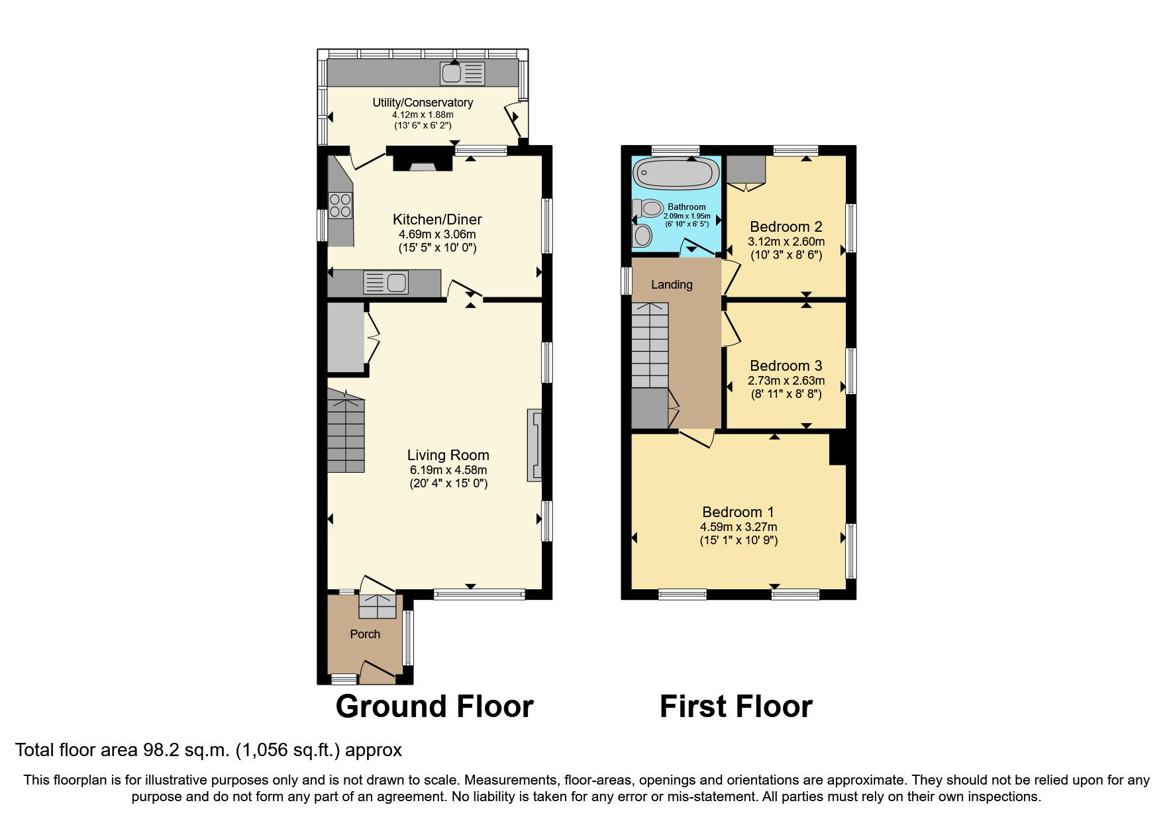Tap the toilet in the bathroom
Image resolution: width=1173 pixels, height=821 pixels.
tap(648, 209)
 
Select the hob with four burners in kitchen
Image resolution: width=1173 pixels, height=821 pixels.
tap(340, 205)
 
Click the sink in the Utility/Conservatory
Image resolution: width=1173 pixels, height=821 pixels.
tap(462, 73)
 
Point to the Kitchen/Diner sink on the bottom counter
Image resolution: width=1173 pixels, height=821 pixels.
tap(385, 283)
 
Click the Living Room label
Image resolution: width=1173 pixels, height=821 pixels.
tap(448, 455)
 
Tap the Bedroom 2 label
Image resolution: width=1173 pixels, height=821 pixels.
tap(786, 227)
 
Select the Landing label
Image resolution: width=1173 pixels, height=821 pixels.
tap(672, 285)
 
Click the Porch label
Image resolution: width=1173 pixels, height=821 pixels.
tap(365, 634)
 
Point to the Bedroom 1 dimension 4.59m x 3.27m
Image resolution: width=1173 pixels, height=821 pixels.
tap(739, 527)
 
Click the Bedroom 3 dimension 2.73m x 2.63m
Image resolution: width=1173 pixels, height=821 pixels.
tap(786, 381)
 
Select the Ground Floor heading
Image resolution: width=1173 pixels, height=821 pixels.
tap(434, 706)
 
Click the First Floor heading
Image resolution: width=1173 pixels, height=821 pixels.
tap(736, 706)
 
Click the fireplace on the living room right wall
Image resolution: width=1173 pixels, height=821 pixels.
tap(534, 445)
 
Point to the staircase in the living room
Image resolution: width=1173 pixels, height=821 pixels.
tap(346, 432)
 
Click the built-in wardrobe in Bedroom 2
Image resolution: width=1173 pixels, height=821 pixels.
tap(746, 169)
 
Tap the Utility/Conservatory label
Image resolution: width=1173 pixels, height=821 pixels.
tap(423, 103)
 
